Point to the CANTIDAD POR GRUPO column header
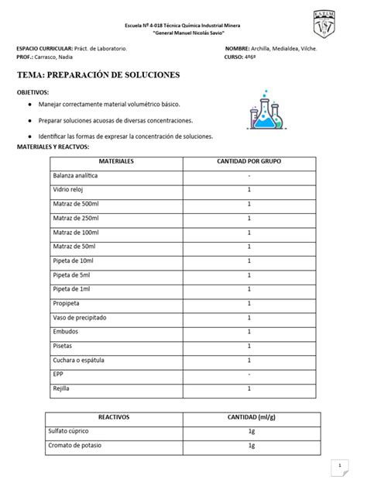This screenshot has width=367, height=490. point(249,163)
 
